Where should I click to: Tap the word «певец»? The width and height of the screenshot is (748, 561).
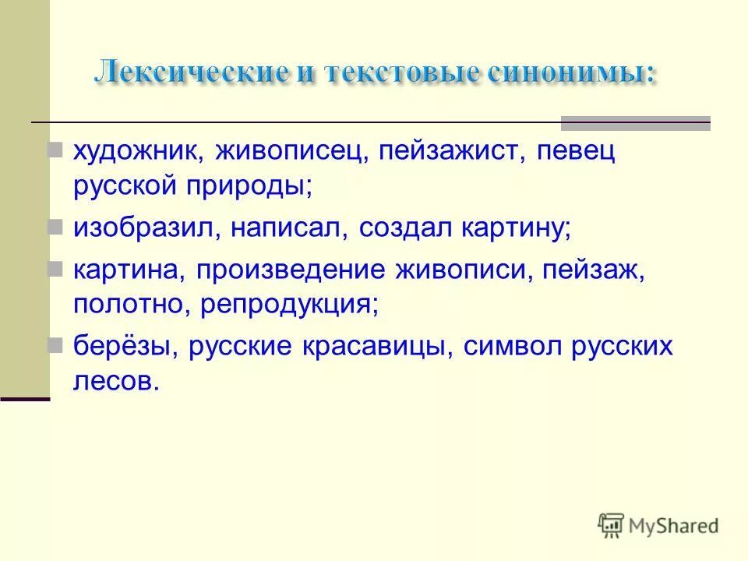point(565,151)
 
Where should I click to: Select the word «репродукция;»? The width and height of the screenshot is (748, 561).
point(289,305)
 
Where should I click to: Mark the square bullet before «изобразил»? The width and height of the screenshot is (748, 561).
point(55,228)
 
